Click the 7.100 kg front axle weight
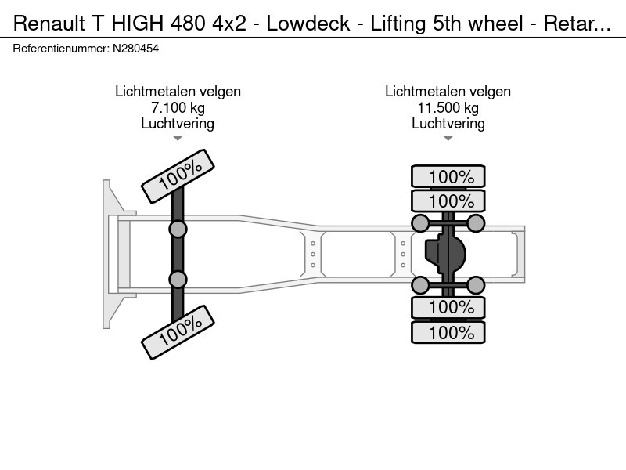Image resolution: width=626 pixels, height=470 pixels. tap(178, 107)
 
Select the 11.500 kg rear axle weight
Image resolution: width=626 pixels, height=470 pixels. tap(448, 107)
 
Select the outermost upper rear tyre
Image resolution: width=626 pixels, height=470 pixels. tap(448, 177)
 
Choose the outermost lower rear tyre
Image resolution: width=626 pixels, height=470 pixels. tap(448, 332)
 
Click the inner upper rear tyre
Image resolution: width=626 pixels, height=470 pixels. tap(448, 201)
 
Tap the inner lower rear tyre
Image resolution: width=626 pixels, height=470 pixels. tap(448, 307)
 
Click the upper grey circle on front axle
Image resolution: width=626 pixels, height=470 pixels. tap(178, 229)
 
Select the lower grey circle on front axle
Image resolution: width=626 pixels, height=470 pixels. tap(178, 279)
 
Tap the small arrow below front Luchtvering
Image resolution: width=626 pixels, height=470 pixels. tap(178, 139)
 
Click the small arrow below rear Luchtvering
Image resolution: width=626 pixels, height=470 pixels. tap(448, 139)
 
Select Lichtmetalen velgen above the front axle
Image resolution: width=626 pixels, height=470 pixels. tap(178, 92)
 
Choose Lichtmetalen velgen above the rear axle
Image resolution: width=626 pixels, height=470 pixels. tap(448, 92)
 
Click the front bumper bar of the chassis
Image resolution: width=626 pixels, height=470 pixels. tap(107, 254)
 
